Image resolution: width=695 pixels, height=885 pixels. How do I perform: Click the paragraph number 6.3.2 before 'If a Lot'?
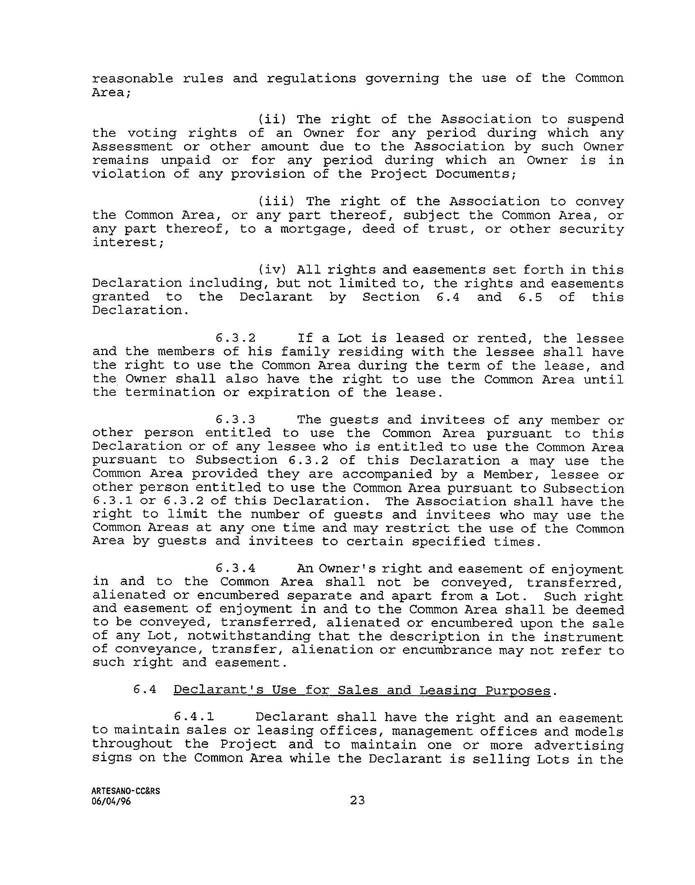coord(236,338)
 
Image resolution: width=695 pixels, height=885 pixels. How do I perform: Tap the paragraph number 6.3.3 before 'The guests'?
coord(236,420)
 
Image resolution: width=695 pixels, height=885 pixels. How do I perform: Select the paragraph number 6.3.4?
coord(236,569)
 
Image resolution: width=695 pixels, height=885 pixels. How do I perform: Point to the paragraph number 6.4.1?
coord(195,717)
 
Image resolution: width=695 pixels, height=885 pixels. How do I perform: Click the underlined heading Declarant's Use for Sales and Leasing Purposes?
coord(362,690)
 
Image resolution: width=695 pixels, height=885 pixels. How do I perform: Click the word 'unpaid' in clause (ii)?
coord(185,161)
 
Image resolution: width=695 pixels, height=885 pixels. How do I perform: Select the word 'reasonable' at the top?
coord(133,79)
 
